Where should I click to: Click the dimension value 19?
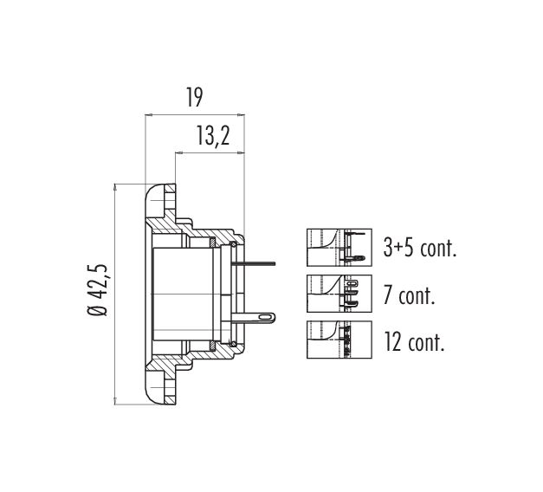(194, 97)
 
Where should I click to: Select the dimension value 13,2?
(213, 135)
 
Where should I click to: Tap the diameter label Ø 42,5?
(97, 290)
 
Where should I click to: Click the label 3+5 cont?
(420, 248)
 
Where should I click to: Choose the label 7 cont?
(409, 295)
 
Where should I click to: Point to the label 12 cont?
(414, 341)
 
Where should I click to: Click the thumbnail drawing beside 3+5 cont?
(339, 248)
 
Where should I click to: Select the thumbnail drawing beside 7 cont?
(339, 294)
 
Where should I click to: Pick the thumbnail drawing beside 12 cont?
(339, 340)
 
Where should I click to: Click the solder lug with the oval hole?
(254, 317)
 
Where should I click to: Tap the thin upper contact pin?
(255, 264)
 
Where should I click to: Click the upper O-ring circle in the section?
(234, 245)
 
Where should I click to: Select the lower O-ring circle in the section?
(234, 344)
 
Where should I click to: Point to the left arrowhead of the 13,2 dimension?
(179, 152)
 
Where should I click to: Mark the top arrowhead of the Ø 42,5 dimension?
(114, 188)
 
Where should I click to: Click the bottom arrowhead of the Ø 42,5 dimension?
(114, 401)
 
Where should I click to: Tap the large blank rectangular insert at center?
(183, 295)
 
